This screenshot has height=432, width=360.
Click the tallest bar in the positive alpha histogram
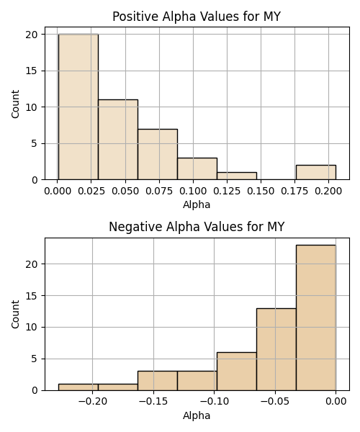click(x=78, y=107)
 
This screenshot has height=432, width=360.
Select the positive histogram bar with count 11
click(x=118, y=140)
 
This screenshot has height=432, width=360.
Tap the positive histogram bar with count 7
click(x=158, y=154)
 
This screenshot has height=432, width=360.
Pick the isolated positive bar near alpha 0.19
click(x=316, y=173)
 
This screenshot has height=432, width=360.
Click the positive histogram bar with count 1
click(x=237, y=176)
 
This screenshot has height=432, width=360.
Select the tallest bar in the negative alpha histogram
click(x=316, y=318)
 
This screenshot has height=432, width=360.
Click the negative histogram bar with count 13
click(x=276, y=349)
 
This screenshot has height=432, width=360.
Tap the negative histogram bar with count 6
click(x=237, y=372)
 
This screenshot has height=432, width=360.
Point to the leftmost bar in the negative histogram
click(x=78, y=387)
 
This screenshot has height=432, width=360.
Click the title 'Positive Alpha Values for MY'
click(x=197, y=17)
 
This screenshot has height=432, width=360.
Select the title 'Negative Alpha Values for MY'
click(x=197, y=227)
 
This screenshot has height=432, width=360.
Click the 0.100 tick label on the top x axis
click(x=193, y=192)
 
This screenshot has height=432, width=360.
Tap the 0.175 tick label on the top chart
click(x=294, y=192)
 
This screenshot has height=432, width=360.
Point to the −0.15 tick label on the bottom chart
click(x=153, y=402)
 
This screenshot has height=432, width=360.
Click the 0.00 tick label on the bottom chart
click(x=336, y=402)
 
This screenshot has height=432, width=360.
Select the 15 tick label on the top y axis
click(x=32, y=71)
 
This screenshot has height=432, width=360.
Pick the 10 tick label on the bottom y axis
click(x=32, y=328)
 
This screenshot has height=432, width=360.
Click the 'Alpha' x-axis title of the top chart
click(x=197, y=204)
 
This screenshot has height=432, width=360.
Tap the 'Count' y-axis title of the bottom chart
click(x=15, y=315)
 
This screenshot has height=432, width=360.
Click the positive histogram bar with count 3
click(x=197, y=169)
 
